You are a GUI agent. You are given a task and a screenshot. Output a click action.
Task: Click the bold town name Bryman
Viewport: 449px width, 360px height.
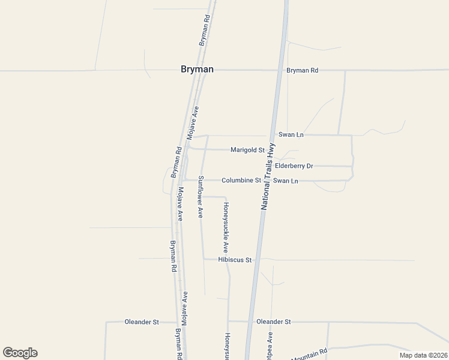tap(197, 70)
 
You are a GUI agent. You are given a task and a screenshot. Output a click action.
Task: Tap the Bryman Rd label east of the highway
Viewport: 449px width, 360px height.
tap(302, 70)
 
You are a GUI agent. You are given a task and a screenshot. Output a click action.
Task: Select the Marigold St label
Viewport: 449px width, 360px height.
tap(247, 150)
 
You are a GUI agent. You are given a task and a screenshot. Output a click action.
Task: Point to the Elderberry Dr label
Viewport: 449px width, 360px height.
tap(294, 166)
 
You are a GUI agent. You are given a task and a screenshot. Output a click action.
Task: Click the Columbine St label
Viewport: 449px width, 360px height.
tap(241, 180)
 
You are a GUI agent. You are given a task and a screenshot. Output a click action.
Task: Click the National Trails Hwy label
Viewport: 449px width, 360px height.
tap(268, 175)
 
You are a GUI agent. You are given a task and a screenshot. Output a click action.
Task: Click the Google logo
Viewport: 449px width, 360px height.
tap(20, 353)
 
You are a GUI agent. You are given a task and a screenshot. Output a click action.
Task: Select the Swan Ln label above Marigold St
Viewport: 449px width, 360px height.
tap(290, 135)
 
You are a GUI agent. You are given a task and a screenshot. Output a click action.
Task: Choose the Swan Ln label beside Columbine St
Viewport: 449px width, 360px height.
tap(286, 180)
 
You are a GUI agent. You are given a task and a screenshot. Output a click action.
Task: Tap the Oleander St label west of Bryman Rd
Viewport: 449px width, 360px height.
tap(142, 322)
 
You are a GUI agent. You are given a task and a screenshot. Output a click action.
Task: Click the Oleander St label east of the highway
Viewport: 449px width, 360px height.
tap(273, 322)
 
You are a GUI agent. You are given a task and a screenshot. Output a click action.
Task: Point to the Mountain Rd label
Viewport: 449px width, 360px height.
tap(309, 354)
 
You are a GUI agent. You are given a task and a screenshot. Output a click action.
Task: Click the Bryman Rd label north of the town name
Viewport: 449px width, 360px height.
tap(205, 31)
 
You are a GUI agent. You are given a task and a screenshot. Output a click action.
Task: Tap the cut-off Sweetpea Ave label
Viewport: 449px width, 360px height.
tap(270, 347)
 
